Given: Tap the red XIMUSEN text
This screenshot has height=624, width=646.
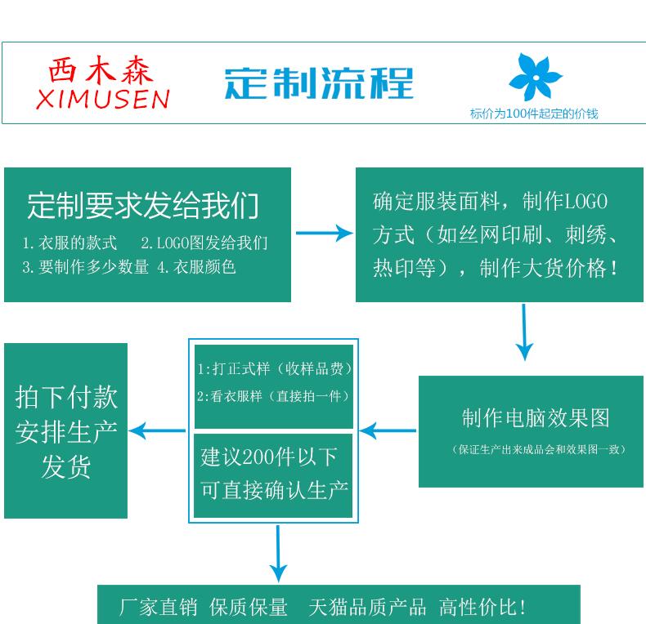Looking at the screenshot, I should point(103,99).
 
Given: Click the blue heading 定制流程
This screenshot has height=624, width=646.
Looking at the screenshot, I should point(319,83).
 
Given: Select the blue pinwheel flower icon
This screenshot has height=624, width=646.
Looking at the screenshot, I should point(535,77).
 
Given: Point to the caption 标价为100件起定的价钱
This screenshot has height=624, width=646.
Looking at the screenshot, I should point(533,114).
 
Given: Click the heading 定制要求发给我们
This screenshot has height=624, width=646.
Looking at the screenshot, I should point(143,205).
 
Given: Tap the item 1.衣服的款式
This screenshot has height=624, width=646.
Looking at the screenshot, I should point(70,243).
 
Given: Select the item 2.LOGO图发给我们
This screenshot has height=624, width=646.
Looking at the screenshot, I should point(204,243).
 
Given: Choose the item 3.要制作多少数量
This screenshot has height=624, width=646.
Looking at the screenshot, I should point(86,266).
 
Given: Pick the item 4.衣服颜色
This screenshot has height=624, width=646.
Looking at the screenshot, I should point(196,266).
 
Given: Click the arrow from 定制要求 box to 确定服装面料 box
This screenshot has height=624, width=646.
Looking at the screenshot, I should point(323,234).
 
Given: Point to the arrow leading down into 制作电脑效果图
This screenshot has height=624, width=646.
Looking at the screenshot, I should point(524,332).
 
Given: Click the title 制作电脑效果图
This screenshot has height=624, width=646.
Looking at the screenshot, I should point(536,418).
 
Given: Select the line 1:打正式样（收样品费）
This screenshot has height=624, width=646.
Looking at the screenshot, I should point(275,369).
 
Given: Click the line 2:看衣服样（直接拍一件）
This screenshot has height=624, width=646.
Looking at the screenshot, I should point(273,396).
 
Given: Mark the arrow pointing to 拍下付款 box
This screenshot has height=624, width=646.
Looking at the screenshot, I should point(157,430).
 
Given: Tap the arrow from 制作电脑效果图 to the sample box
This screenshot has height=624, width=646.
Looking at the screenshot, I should point(388,430).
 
